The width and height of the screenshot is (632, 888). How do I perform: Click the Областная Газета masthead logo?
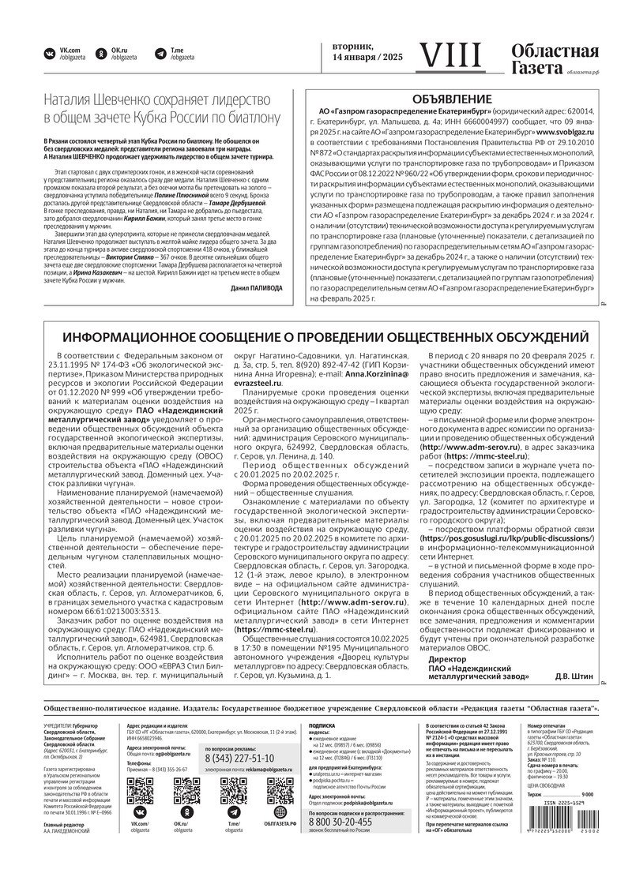(x=554, y=60)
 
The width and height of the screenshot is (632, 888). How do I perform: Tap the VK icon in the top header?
(x=50, y=54)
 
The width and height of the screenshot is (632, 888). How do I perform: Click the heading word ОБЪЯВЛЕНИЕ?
(x=453, y=99)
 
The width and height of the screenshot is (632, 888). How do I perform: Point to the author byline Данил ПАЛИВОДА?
(x=256, y=289)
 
